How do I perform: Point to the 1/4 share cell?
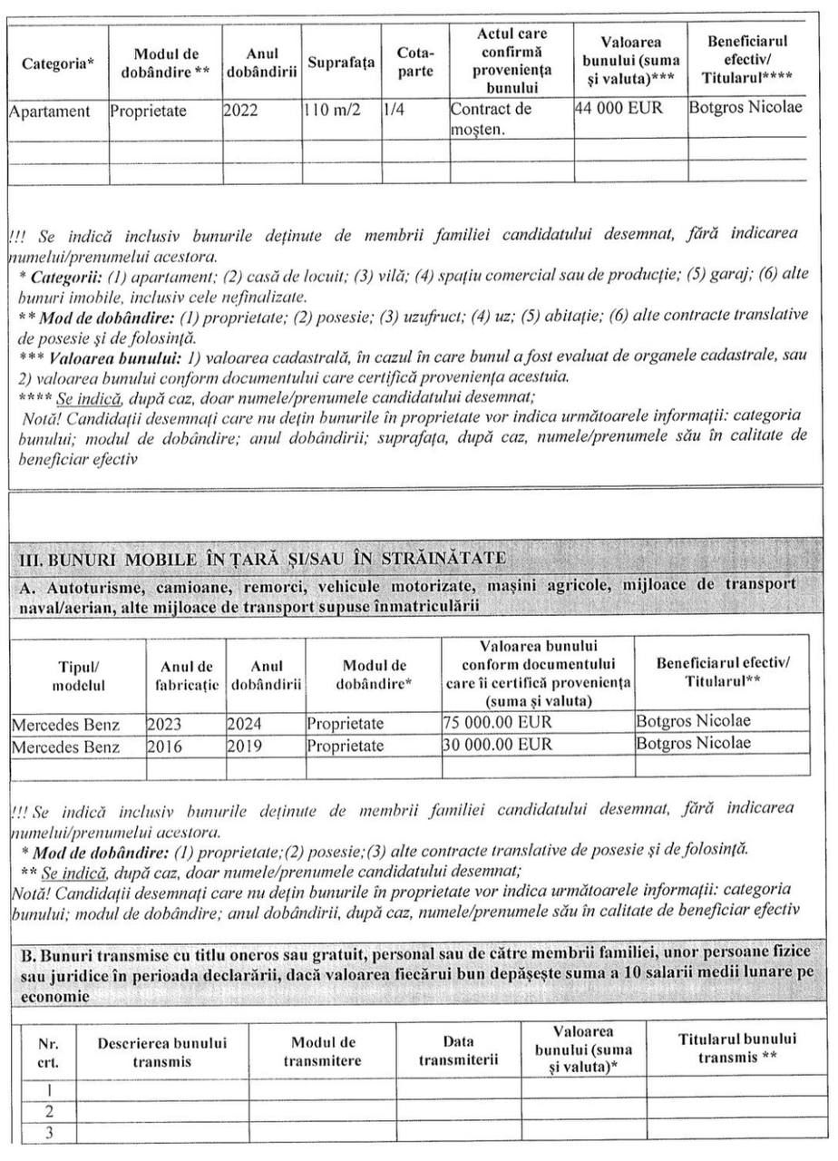coord(395,112)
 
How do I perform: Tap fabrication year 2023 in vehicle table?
coord(164,723)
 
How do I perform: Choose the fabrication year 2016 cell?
coord(164,745)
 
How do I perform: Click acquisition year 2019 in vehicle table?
coord(243,745)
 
